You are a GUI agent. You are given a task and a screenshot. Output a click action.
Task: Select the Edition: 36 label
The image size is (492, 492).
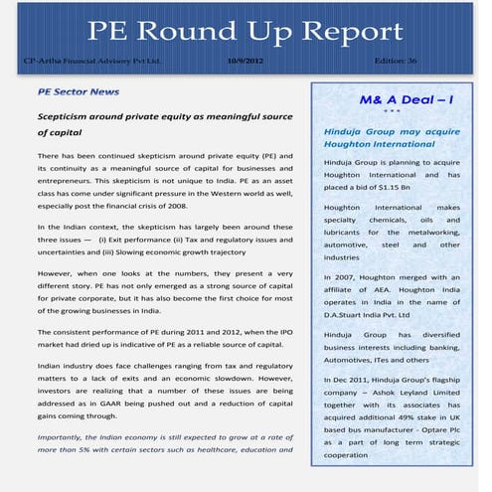click(396, 62)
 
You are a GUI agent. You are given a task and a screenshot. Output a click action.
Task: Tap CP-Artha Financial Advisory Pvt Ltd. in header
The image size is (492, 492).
click(91, 62)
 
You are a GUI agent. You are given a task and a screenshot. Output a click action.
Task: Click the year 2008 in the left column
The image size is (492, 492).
click(175, 206)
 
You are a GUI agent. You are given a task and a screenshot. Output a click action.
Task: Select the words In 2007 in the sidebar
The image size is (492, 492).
click(340, 276)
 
